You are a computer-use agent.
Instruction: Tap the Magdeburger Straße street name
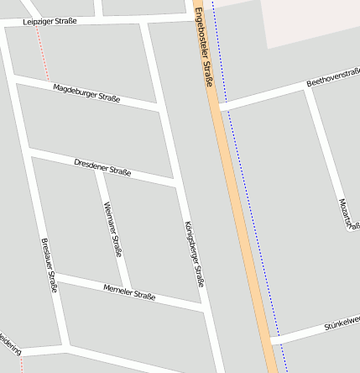pos(86,93)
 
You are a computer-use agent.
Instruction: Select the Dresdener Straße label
pos(102,166)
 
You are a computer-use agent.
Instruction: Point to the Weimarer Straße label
pos(112,229)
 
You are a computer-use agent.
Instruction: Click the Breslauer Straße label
pos(50,265)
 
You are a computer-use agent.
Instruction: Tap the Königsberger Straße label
pos(194,254)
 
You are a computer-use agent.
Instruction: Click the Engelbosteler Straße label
pos(205,47)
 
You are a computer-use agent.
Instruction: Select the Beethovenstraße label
pos(333,77)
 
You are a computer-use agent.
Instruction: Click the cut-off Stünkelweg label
pos(342,323)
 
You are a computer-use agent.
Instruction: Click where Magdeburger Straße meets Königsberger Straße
pos(159,107)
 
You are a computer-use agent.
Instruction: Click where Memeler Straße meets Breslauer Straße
pos(56,276)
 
